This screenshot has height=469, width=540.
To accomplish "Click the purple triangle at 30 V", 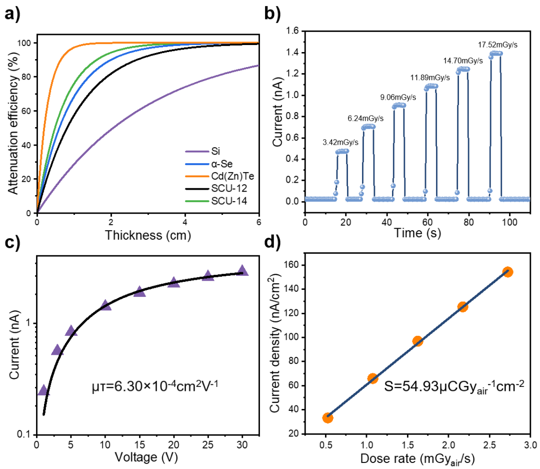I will point(242,270).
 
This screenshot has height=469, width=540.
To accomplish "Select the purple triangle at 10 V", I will point(105,305).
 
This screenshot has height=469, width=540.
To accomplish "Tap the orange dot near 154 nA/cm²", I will point(507,272).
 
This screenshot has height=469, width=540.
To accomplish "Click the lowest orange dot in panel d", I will point(327,417).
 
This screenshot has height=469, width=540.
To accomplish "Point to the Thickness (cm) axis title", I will point(148,234).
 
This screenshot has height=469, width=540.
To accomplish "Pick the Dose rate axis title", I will point(417,459).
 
